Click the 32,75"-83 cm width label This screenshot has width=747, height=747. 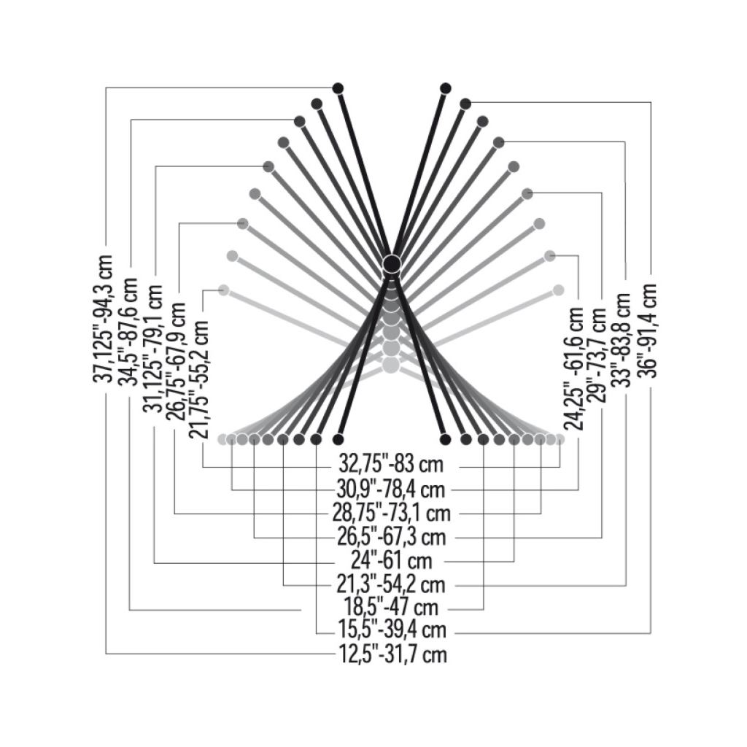[392, 465]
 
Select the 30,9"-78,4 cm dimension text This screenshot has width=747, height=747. [392, 488]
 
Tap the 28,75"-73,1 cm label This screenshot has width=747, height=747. [392, 513]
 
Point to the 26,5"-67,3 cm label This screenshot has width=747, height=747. [392, 537]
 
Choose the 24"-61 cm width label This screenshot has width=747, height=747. [392, 561]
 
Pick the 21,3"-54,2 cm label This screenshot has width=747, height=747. [392, 585]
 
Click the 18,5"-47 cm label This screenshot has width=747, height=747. [392, 608]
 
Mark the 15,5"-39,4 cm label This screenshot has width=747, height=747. [392, 630]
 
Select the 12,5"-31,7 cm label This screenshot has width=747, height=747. [392, 654]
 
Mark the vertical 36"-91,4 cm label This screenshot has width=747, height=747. [649, 330]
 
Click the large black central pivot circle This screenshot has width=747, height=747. [391, 263]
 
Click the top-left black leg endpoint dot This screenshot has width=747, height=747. [338, 88]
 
